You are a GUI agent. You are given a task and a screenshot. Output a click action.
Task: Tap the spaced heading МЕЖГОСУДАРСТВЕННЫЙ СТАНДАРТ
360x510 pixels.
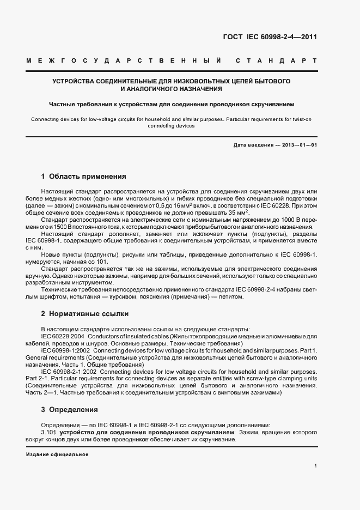(x=171, y=60)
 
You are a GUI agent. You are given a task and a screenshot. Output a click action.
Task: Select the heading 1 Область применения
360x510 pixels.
(x=83, y=177)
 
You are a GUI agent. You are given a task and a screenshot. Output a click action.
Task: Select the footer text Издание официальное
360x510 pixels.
(x=57, y=454)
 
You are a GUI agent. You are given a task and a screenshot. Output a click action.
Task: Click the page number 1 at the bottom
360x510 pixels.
(x=315, y=466)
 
